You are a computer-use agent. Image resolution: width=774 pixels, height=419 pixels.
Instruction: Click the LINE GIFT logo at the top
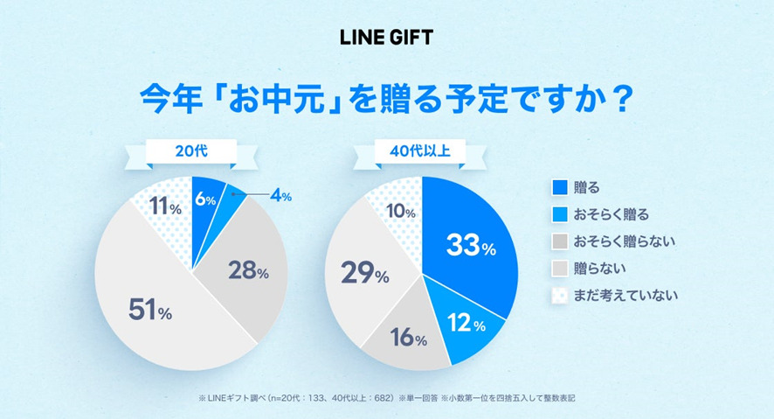coord(386,38)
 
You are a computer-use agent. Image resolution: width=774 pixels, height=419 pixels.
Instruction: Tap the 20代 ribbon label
coord(191,151)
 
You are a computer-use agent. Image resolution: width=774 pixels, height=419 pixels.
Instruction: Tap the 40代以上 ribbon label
coord(421,151)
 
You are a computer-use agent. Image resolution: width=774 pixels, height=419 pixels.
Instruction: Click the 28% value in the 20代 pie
coord(249,271)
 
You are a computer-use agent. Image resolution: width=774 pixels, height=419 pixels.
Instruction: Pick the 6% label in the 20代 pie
coord(205,199)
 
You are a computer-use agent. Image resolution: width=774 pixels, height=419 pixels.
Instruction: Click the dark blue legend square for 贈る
coord(560,187)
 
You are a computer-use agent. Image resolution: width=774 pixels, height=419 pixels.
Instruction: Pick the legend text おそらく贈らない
coord(625,241)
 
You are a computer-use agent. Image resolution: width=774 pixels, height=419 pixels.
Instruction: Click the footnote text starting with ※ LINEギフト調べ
coord(387,398)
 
